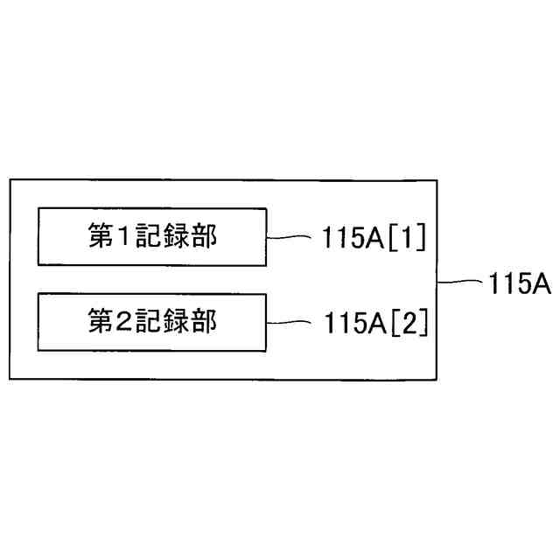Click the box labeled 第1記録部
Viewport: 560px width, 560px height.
(x=151, y=236)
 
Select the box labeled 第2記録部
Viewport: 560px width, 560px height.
(x=151, y=322)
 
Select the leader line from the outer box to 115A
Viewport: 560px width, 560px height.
(x=458, y=283)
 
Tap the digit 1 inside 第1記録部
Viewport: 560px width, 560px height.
(x=124, y=237)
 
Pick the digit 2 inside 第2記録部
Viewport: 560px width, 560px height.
(x=124, y=322)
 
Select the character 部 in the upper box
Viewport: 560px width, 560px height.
(x=203, y=237)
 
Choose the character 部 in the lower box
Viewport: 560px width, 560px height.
(x=203, y=322)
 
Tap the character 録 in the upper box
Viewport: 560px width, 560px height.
(x=176, y=237)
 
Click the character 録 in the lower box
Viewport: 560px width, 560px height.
(x=176, y=322)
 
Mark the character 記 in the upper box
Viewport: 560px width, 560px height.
(x=150, y=237)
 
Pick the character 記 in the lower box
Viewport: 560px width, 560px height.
(x=150, y=322)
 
